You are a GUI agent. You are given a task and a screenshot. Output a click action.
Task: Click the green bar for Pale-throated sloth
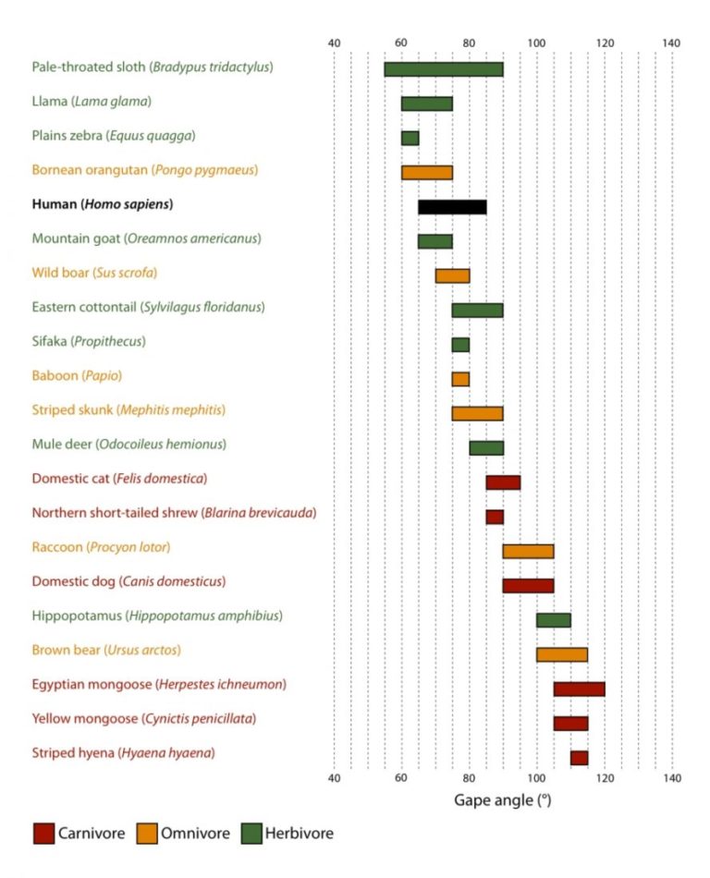[x=444, y=69]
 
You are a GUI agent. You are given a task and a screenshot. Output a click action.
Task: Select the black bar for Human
[x=452, y=207]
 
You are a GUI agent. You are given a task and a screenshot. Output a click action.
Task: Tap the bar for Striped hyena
[x=579, y=758]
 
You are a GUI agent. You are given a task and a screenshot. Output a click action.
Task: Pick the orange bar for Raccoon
[x=528, y=551]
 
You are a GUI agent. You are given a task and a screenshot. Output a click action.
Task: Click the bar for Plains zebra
[x=410, y=138]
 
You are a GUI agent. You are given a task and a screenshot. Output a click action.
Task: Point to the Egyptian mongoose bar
[x=579, y=689]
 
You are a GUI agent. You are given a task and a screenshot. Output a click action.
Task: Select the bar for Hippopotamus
[x=554, y=620]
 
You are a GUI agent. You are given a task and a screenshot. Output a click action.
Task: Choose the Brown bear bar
[x=562, y=654]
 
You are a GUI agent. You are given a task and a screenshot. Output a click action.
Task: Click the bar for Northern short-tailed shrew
[x=495, y=517]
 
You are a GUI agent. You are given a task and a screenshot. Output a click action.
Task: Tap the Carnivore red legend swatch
[x=43, y=833]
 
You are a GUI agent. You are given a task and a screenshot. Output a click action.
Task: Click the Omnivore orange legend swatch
[x=147, y=833]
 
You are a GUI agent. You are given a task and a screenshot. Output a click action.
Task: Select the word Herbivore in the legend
[x=299, y=834]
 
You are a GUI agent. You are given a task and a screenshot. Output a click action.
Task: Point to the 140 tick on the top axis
[x=672, y=43]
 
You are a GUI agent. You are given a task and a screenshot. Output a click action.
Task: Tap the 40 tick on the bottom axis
[x=335, y=778]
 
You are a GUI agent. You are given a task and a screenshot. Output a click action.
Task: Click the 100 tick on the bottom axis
[x=536, y=778]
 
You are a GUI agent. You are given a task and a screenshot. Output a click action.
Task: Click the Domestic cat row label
[x=119, y=479]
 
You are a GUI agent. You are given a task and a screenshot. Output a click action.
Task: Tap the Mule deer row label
[x=129, y=445]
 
